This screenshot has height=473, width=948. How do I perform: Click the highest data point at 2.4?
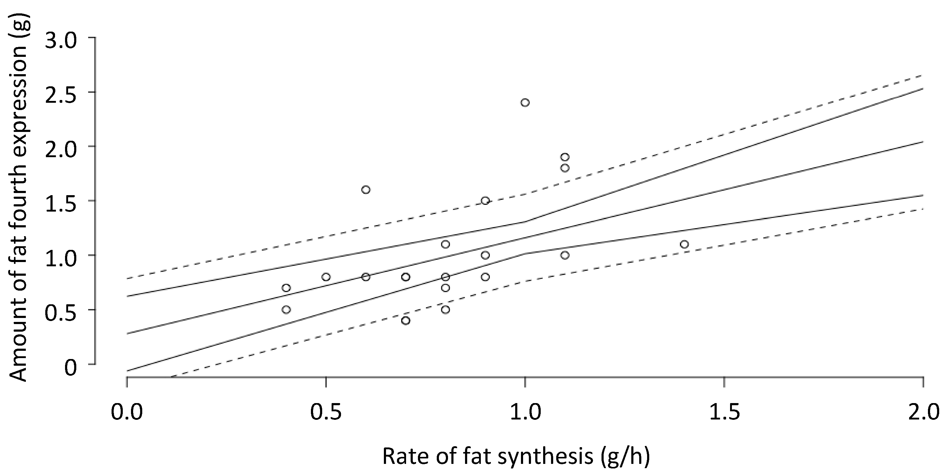(x=525, y=102)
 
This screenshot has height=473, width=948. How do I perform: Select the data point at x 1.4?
(x=684, y=244)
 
